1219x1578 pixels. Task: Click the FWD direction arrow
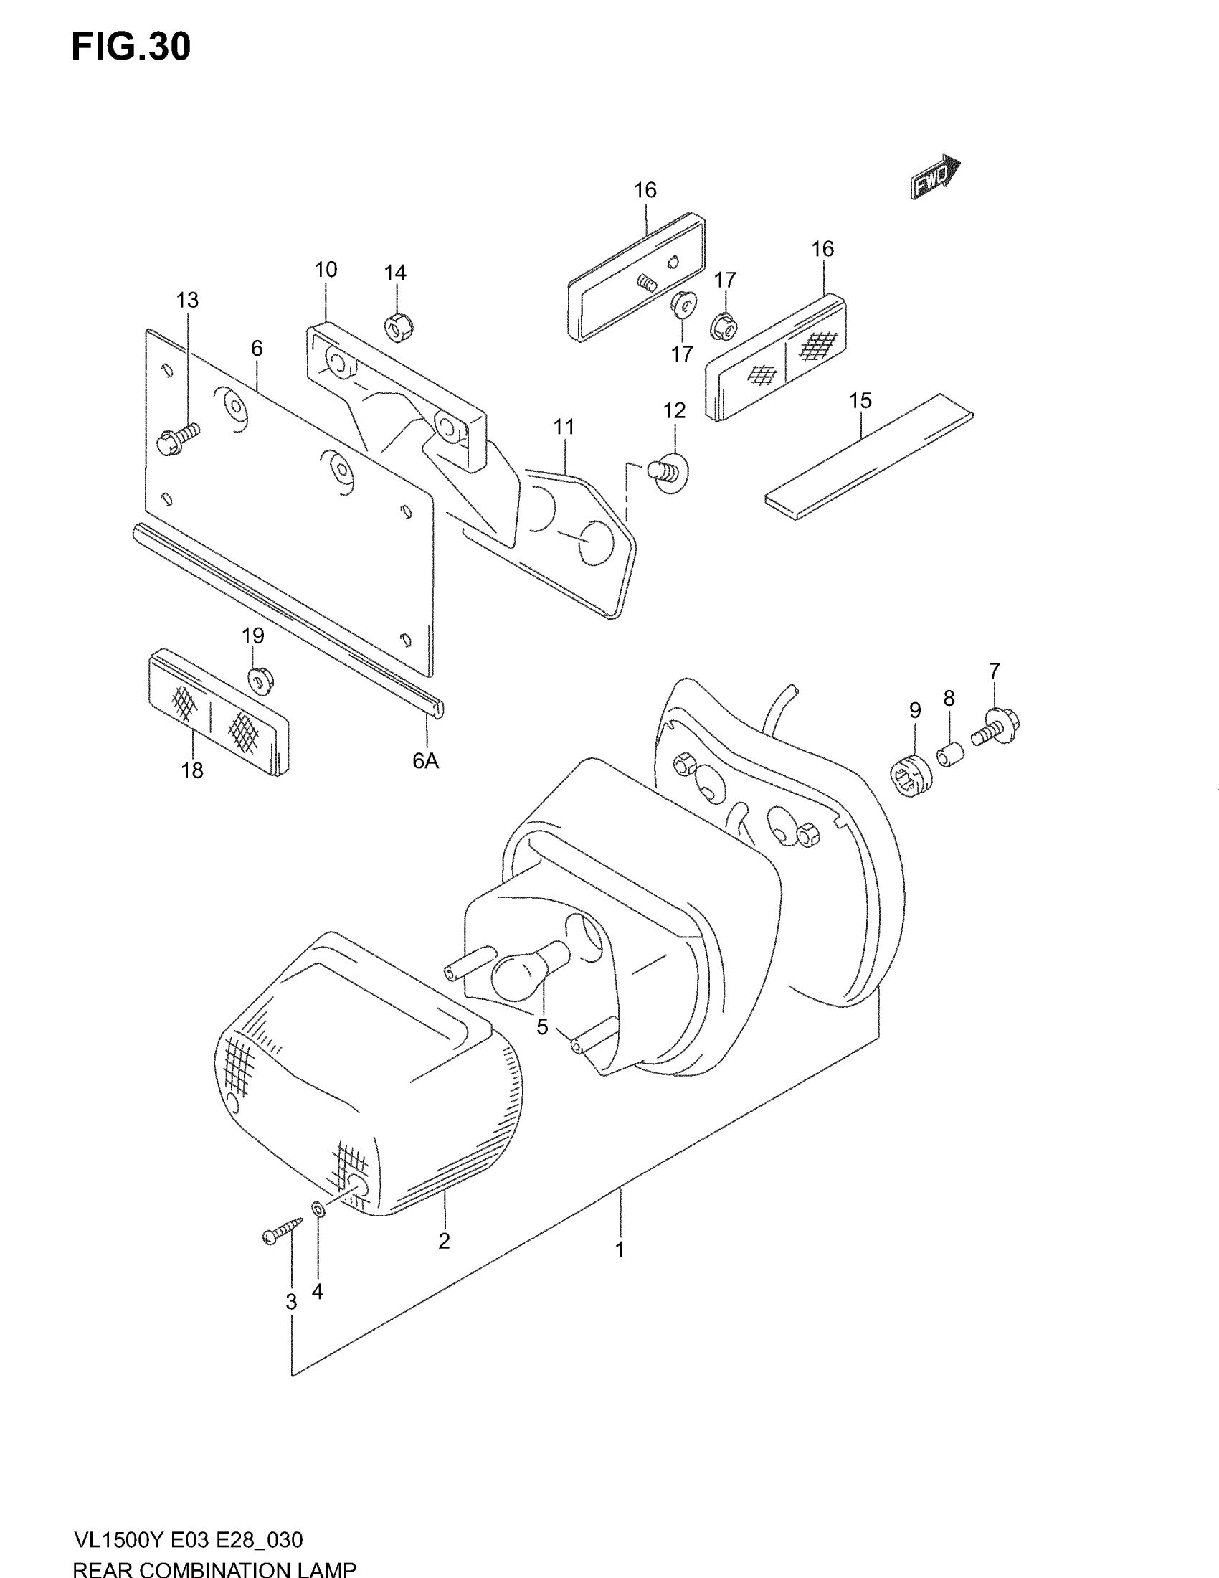935,177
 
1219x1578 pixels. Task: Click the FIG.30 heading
131,47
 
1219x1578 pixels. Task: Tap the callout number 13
187,300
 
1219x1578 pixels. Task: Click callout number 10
326,270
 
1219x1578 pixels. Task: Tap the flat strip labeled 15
869,456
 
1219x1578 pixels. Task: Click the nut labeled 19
260,680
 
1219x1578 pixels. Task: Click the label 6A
425,761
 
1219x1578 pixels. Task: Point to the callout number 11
564,427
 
